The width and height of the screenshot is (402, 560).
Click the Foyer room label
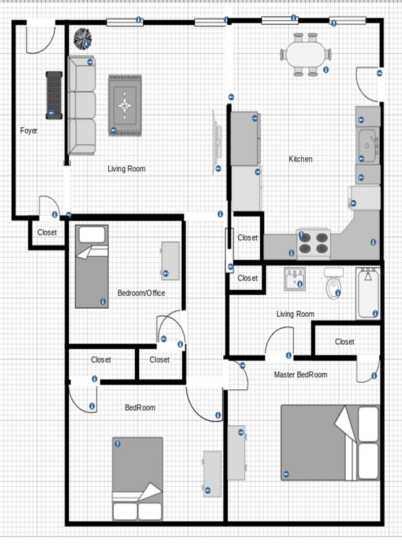pyautogui.click(x=28, y=131)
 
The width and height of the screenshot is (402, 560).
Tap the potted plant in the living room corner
pyautogui.click(x=83, y=39)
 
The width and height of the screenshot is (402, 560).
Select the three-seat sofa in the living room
pyautogui.click(x=82, y=106)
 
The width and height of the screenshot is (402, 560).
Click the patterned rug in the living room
pyautogui.click(x=126, y=105)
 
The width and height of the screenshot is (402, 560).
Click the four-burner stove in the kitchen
pyautogui.click(x=314, y=243)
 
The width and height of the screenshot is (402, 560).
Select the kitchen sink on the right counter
pyautogui.click(x=368, y=145)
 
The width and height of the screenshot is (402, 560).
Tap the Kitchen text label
pyautogui.click(x=301, y=159)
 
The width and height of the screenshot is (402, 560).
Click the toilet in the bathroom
pyautogui.click(x=335, y=284)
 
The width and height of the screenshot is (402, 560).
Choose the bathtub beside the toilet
pyautogui.click(x=368, y=293)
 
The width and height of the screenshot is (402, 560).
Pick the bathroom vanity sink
pyautogui.click(x=294, y=278)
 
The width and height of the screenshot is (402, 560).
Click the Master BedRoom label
pyautogui.click(x=301, y=374)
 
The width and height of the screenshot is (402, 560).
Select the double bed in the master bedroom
pyautogui.click(x=330, y=442)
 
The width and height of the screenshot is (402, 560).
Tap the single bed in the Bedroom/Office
pyautogui.click(x=92, y=266)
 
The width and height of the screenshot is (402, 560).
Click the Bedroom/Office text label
pyautogui.click(x=141, y=293)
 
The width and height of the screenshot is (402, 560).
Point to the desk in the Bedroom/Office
pyautogui.click(x=170, y=261)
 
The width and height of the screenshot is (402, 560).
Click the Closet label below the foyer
pyautogui.click(x=47, y=233)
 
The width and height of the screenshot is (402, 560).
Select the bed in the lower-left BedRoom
pyautogui.click(x=137, y=478)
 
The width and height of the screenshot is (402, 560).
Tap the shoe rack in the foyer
pyautogui.click(x=54, y=95)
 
